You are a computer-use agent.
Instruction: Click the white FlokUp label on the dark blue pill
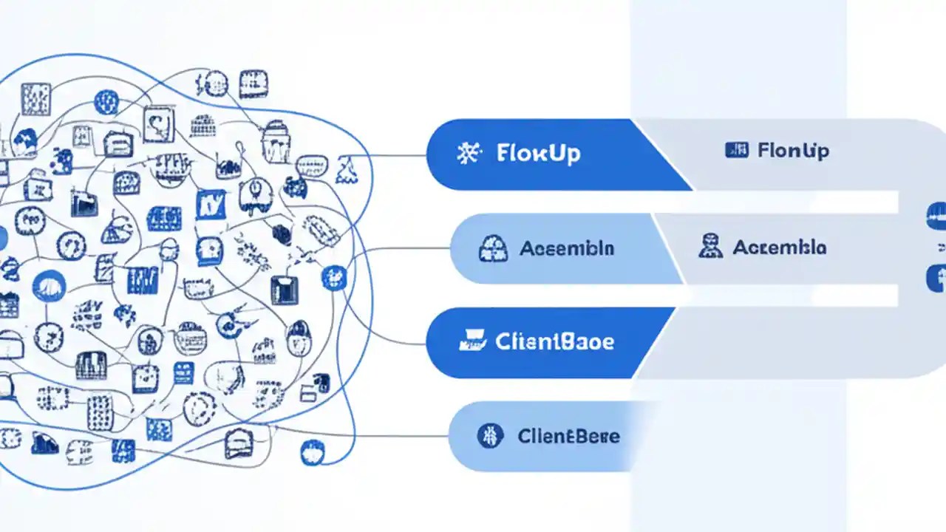click(x=538, y=154)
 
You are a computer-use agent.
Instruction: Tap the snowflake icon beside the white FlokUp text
click(x=469, y=154)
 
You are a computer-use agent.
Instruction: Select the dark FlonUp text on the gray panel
click(x=794, y=151)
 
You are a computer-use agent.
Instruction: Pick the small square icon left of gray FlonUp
click(x=737, y=151)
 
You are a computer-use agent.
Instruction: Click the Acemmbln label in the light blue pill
click(x=566, y=248)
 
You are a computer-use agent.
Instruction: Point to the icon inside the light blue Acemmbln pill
click(x=493, y=248)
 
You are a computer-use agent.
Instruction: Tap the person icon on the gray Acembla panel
click(x=709, y=246)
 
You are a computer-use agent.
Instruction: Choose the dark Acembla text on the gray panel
click(x=779, y=247)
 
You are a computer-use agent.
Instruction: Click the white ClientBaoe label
click(x=554, y=342)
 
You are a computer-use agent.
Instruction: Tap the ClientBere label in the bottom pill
click(x=568, y=436)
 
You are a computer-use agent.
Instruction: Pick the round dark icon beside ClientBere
click(x=490, y=435)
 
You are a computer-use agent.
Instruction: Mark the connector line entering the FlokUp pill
click(x=399, y=156)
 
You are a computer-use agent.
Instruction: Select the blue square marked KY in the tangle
click(x=211, y=205)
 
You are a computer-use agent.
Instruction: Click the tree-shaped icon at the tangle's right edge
click(x=345, y=170)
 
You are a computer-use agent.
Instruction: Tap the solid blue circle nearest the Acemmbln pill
click(x=334, y=278)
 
